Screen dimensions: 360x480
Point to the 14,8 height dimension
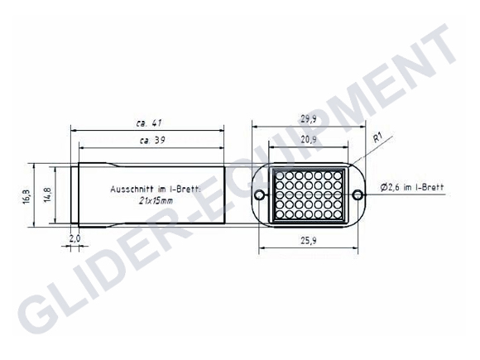tap(48, 195)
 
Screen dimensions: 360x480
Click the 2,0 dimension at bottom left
tap(74, 238)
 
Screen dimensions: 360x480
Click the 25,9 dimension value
tap(308, 240)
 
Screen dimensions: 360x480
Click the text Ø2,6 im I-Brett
tap(411, 188)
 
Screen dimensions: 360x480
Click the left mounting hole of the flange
tap(260, 195)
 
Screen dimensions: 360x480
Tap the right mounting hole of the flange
tap(358, 195)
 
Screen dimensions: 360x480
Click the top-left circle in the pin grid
tap(280, 175)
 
